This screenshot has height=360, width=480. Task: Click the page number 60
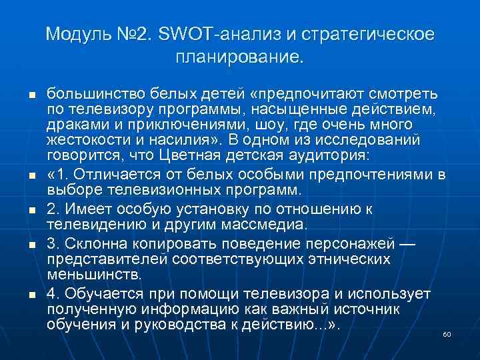(447, 333)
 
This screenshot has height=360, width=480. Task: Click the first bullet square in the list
(32, 93)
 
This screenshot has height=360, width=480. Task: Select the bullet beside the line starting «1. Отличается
(32, 177)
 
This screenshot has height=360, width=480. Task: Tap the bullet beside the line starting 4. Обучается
(32, 294)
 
